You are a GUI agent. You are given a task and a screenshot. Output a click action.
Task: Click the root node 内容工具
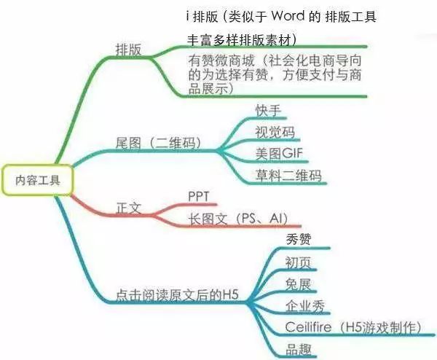(x=38, y=180)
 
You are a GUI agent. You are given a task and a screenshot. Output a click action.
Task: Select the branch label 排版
(x=128, y=50)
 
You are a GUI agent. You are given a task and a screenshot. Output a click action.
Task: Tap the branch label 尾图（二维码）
(x=159, y=143)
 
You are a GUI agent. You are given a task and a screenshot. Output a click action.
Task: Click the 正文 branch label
(x=128, y=208)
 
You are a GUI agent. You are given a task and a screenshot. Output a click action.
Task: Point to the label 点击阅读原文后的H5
(x=177, y=295)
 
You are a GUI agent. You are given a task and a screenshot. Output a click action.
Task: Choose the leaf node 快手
(x=268, y=111)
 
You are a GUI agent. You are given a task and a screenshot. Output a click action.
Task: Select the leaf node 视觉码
(x=275, y=132)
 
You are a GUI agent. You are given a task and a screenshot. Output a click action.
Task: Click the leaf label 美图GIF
(x=279, y=154)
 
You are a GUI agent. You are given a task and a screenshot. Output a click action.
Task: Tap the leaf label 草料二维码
(x=288, y=176)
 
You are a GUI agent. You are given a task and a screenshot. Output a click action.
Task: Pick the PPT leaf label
(x=198, y=197)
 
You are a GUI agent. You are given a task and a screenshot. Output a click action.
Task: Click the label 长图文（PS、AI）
(x=238, y=219)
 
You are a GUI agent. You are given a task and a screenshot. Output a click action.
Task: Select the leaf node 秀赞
(x=298, y=240)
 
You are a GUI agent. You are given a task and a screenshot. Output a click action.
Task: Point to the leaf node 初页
(x=298, y=262)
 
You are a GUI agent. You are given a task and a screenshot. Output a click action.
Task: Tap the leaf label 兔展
(x=298, y=284)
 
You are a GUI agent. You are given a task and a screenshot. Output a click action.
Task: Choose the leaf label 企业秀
(x=305, y=306)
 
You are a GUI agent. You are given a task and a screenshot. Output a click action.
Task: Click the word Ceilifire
(x=309, y=326)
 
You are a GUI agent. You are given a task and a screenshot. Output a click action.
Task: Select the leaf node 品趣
(x=298, y=349)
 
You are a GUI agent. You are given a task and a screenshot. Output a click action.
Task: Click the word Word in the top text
(x=288, y=16)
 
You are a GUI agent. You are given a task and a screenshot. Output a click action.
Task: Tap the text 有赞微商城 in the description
(x=221, y=60)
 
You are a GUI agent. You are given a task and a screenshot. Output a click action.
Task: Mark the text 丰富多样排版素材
(x=239, y=40)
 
